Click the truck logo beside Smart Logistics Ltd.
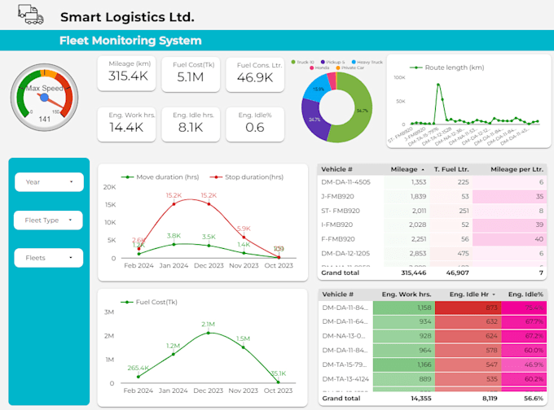[x=29, y=15]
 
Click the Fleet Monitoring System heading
[x=130, y=41]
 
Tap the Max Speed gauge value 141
[x=45, y=119]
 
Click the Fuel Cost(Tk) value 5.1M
[x=191, y=77]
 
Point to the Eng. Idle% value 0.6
[x=254, y=127]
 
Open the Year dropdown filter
[x=49, y=182]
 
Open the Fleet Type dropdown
[x=49, y=220]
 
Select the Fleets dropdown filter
[x=49, y=258]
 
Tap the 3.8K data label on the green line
[x=174, y=236]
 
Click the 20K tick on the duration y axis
[x=111, y=187]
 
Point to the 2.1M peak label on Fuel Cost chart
[x=209, y=324]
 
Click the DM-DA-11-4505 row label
[x=346, y=182]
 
